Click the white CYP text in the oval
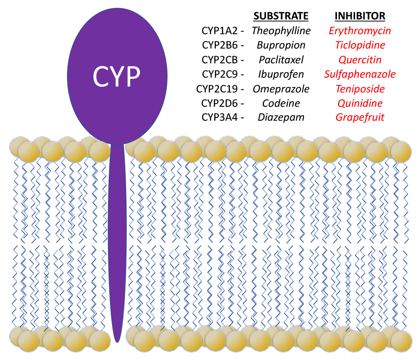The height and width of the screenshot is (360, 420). pyautogui.click(x=116, y=77)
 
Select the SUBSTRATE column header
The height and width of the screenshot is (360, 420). pyautogui.click(x=281, y=16)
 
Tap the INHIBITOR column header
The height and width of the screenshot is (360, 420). pyautogui.click(x=360, y=16)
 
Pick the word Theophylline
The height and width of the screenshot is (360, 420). pyautogui.click(x=281, y=31)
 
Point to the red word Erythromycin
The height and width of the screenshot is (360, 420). pyautogui.click(x=360, y=31)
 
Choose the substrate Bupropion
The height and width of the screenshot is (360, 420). pyautogui.click(x=281, y=45)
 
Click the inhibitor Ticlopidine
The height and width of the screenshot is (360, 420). pyautogui.click(x=360, y=45)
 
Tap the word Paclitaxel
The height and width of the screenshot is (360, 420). pyautogui.click(x=281, y=60)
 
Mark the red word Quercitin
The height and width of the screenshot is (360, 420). pyautogui.click(x=360, y=60)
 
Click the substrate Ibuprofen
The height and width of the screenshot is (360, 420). pyautogui.click(x=281, y=74)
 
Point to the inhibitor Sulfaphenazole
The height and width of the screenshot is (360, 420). pyautogui.click(x=360, y=74)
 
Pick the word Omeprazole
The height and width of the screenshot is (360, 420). pyautogui.click(x=281, y=89)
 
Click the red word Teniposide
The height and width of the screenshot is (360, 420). pyautogui.click(x=360, y=89)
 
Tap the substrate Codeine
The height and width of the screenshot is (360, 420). pyautogui.click(x=281, y=103)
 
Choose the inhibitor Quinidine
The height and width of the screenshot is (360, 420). pyautogui.click(x=360, y=103)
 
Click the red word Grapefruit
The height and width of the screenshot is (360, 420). pyautogui.click(x=360, y=117)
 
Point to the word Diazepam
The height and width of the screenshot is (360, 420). pyautogui.click(x=281, y=117)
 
